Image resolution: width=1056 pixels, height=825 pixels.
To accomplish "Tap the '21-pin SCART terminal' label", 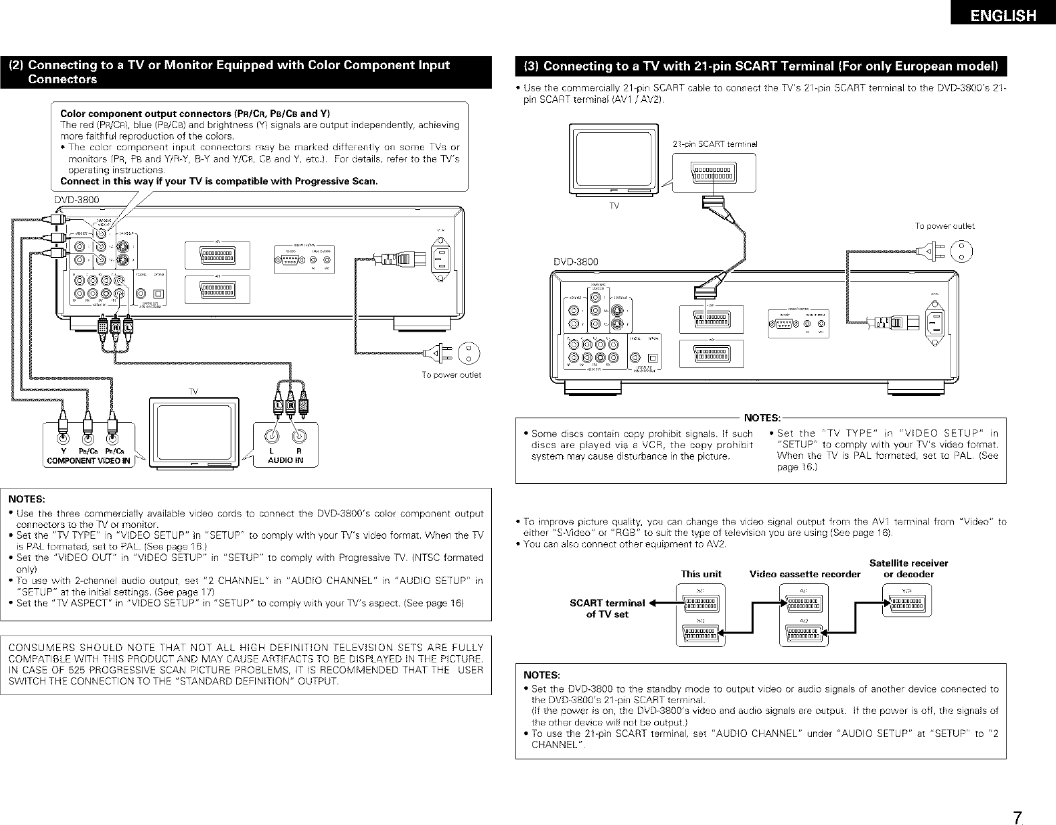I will pos(716,143).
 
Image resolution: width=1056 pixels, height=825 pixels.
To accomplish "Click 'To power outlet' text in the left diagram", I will pos(451,375).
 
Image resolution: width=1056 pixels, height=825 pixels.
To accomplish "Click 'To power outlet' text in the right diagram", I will pos(944,226).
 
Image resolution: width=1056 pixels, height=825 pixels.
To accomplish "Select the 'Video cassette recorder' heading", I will pos(804,574).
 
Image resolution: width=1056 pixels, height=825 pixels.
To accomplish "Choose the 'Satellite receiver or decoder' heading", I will pos(909,568).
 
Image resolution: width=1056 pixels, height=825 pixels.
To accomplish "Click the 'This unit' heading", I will pos(701,574).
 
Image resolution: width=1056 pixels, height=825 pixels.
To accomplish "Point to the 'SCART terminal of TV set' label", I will pos(607,608).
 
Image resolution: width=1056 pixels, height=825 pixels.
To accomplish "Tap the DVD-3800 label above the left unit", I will pos(76,200).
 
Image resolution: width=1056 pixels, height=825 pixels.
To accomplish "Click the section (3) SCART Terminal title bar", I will pos(761,66).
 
